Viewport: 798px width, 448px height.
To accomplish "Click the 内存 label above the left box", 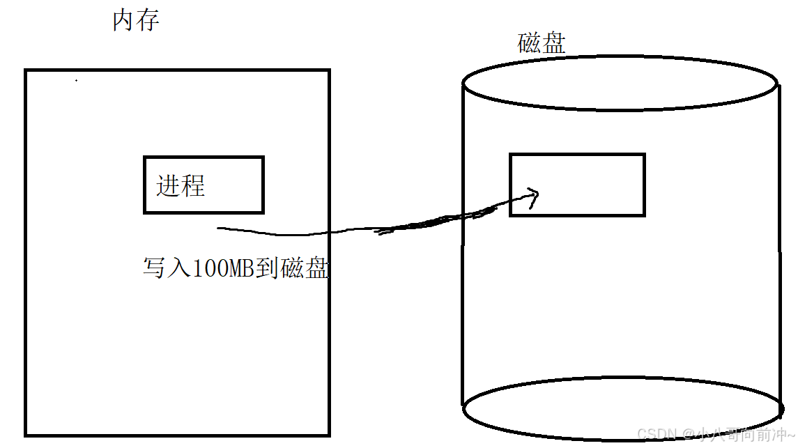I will coord(136,21).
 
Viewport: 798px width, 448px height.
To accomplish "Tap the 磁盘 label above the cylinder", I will coord(542,43).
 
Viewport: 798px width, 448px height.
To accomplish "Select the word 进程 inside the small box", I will coord(181,186).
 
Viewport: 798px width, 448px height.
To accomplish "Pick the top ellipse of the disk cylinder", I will coord(619,83).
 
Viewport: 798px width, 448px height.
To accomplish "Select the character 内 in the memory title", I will coord(124,21).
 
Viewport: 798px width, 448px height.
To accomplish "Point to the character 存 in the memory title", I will coord(148,21).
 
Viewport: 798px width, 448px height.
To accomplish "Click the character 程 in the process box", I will coord(193,186).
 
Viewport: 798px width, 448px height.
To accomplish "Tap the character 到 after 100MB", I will coord(268,268).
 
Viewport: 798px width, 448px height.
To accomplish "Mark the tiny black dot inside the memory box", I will coord(76,81).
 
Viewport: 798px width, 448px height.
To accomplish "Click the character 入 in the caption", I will coord(178,268).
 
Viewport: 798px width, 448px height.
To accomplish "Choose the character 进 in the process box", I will coord(168,186).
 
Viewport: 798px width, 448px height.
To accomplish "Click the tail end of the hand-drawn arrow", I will coord(220,228).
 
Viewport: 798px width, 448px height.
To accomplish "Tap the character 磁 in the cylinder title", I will coord(530,43).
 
